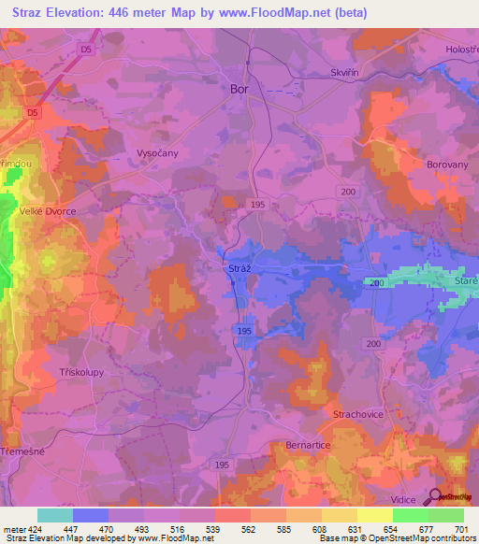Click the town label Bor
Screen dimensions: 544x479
click(240, 90)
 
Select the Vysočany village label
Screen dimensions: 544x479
click(157, 151)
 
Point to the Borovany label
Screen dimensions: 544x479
click(426, 161)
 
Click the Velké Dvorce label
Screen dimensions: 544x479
click(48, 211)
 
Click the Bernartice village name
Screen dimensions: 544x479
click(308, 446)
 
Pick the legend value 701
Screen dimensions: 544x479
click(459, 528)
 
